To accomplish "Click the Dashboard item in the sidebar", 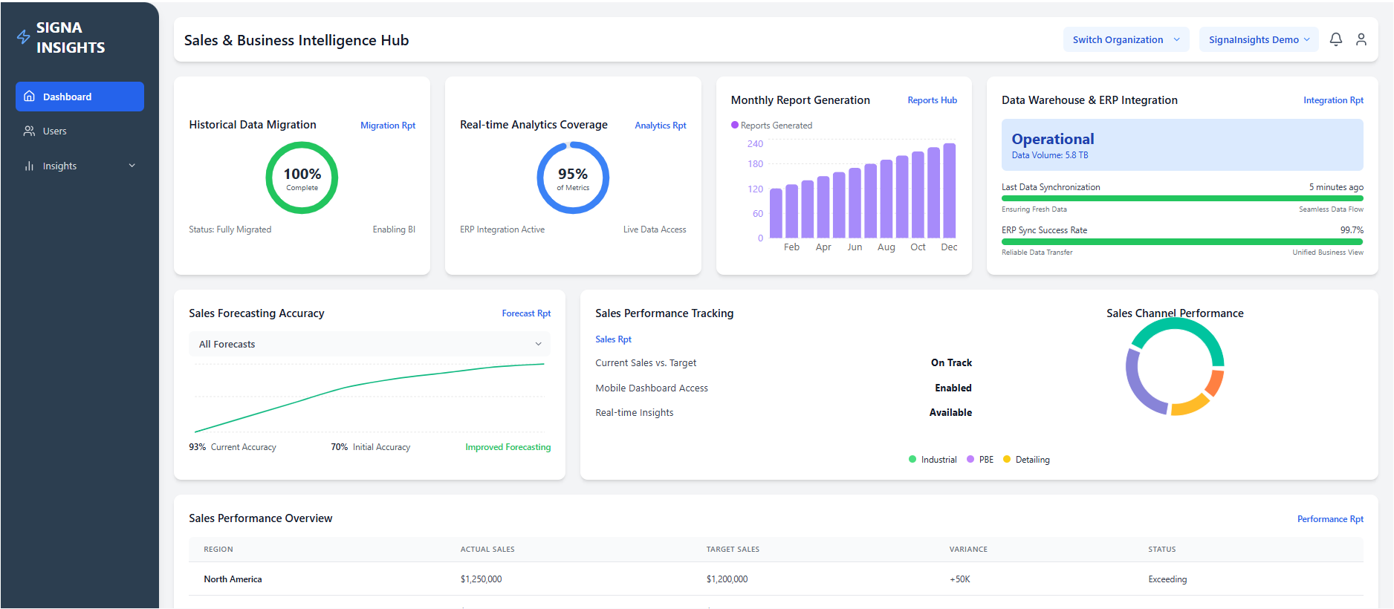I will pos(80,97).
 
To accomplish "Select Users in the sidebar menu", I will pos(54,131).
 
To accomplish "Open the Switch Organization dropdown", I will pos(1125,40).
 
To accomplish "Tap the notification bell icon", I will pos(1335,39).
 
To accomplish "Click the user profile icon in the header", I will pos(1361,39).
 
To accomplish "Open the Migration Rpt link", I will pos(387,126).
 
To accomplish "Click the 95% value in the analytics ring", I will pos(572,174).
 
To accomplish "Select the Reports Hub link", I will pos(932,100).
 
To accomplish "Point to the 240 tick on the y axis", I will pos(755,144).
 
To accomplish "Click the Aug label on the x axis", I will pos(886,247).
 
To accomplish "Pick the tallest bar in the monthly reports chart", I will pos(949,191).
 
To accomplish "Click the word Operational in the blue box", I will pos(1052,139).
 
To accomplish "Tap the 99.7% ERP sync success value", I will pos(1351,230).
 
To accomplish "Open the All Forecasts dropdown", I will pos(369,344).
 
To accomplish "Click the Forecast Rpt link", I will pos(525,313).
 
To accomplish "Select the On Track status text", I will pos(951,363).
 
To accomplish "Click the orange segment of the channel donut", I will pos(1215,382).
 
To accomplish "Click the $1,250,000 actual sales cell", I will pos(481,579).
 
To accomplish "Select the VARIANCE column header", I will pos(967,550).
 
